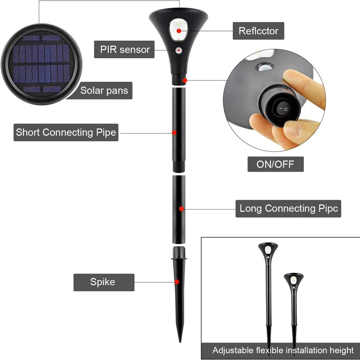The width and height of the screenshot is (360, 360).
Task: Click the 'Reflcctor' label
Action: [258, 31]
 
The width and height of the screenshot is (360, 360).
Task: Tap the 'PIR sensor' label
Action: [125, 49]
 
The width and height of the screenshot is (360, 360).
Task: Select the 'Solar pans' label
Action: [104, 90]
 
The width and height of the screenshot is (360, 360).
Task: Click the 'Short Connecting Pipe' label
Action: [66, 132]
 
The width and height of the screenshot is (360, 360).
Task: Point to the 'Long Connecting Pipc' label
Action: [288, 208]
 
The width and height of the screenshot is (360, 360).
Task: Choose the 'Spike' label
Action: [103, 282]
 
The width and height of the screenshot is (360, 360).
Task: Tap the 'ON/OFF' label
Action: [275, 165]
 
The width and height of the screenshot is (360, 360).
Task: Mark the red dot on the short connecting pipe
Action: [174, 132]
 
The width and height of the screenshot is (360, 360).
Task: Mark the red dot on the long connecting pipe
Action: [181, 208]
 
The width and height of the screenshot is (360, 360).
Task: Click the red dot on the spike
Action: [177, 282]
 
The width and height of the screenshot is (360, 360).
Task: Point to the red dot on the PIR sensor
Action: [178, 51]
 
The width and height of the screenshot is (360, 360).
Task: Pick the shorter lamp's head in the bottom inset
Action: [293, 279]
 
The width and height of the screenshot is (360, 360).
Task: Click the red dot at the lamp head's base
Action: [185, 80]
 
